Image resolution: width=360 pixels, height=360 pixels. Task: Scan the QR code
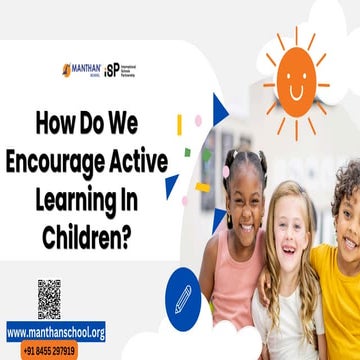tap(50, 298)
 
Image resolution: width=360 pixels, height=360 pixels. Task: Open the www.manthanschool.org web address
tap(56, 332)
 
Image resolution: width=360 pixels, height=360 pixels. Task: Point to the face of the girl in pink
tap(245, 194)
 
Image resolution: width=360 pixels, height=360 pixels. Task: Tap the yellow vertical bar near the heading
tap(179, 125)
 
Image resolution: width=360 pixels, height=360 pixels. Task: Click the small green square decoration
tap(187, 152)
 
